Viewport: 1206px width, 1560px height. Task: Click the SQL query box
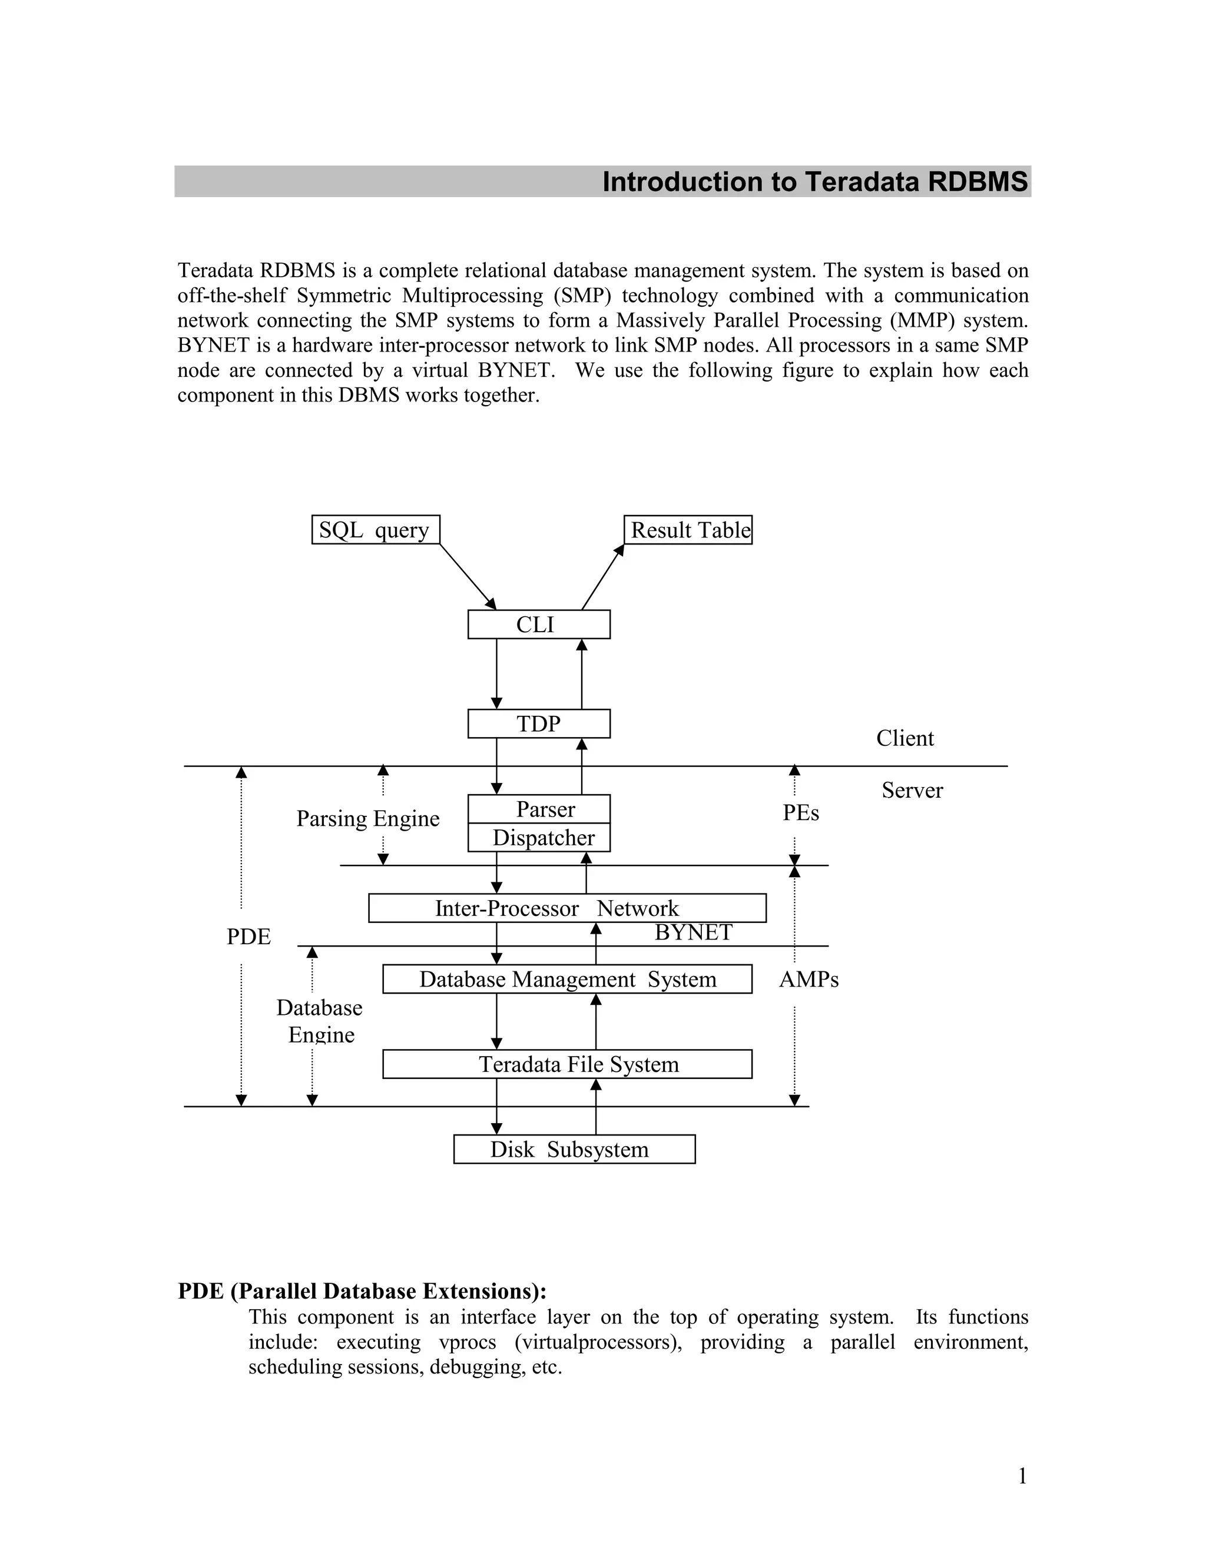click(375, 530)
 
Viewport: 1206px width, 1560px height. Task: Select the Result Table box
click(688, 530)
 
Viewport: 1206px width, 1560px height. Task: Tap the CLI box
click(539, 624)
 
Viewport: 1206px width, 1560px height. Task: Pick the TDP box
click(539, 723)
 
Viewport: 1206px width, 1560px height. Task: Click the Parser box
click(539, 809)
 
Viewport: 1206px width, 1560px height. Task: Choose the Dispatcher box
click(539, 838)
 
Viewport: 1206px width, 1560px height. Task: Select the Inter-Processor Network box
click(566, 908)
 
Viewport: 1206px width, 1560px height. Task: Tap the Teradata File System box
click(566, 1064)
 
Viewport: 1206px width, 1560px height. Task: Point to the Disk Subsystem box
click(574, 1149)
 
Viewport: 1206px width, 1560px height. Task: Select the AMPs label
click(809, 980)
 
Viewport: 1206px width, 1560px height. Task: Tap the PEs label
click(800, 813)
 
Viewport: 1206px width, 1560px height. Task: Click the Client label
click(904, 739)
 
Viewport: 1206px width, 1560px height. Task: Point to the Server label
click(912, 791)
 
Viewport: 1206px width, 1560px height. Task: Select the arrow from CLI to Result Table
click(602, 577)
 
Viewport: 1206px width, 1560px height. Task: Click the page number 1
click(1022, 1476)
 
